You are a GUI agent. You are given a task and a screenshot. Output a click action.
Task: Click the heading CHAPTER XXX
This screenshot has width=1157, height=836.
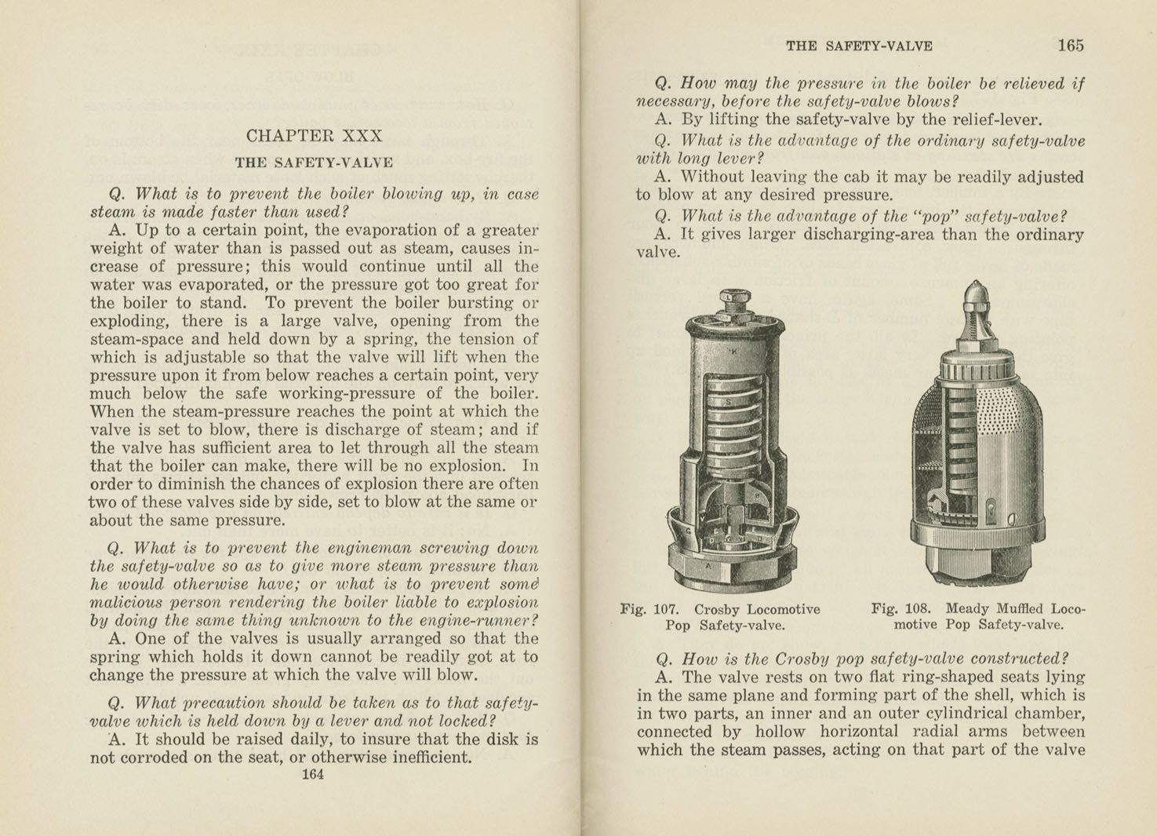point(314,136)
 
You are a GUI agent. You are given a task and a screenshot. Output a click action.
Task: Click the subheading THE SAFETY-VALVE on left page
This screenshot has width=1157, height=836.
point(314,163)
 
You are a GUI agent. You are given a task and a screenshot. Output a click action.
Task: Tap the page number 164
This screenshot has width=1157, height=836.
point(312,775)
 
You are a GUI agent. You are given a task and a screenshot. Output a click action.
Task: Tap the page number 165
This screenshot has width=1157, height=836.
point(1070,46)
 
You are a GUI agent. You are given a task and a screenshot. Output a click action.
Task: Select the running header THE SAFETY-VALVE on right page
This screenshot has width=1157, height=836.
point(859,46)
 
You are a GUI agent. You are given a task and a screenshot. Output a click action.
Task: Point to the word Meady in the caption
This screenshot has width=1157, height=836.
point(970,608)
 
